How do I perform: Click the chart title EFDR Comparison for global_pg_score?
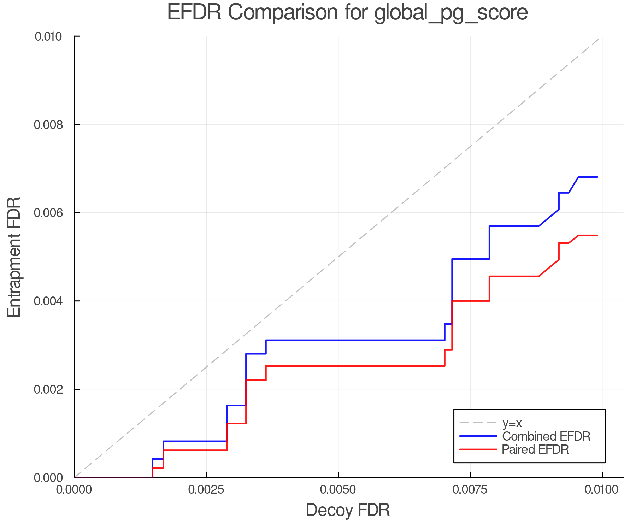pos(347,12)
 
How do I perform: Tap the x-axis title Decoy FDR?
pos(348,510)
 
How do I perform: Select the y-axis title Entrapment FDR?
pos(14,257)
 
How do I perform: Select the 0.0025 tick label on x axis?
pos(206,490)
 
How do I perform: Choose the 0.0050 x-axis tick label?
pos(338,490)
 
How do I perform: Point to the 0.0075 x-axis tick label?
pos(470,490)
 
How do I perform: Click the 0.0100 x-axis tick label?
pos(602,490)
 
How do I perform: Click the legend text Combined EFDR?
pos(546,436)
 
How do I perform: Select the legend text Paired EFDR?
pos(535,449)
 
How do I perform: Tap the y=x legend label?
pos(512,423)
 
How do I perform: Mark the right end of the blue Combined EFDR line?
pos(597,177)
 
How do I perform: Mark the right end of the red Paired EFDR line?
pos(597,235)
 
